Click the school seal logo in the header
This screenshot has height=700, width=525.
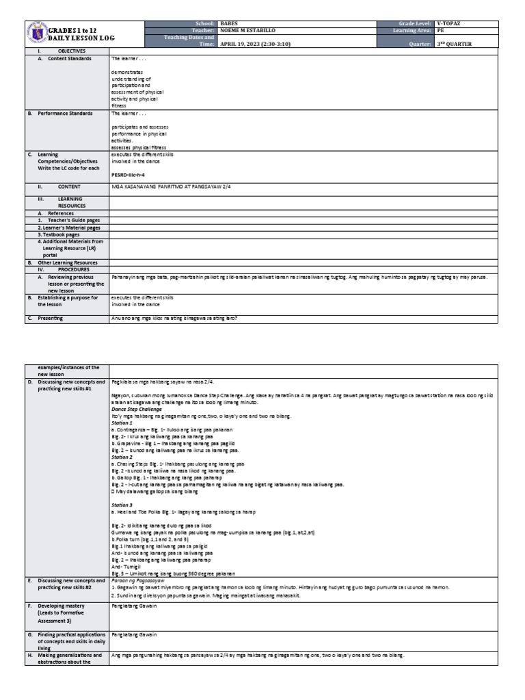[37, 34]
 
